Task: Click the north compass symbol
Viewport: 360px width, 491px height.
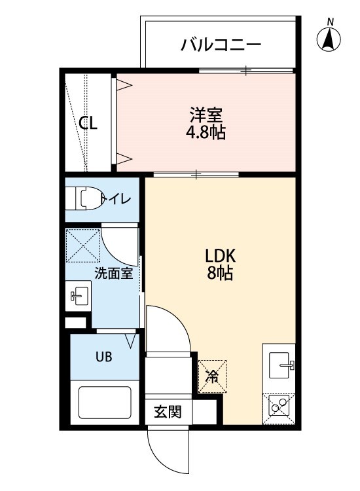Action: (x=330, y=39)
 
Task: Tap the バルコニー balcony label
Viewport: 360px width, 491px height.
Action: (x=221, y=45)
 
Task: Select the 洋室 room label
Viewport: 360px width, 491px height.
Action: (x=206, y=116)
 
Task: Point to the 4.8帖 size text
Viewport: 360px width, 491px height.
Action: (x=206, y=133)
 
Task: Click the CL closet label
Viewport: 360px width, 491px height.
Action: (x=89, y=123)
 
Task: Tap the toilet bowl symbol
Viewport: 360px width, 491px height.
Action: (x=86, y=198)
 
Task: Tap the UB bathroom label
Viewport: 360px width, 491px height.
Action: (x=104, y=357)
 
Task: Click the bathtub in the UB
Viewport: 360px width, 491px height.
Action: (x=105, y=405)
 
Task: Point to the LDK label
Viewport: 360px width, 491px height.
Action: (x=221, y=256)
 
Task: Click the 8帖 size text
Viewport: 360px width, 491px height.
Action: (x=221, y=273)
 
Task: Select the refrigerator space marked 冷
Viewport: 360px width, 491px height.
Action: (x=213, y=375)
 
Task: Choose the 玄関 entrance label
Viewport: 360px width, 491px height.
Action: (x=168, y=412)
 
